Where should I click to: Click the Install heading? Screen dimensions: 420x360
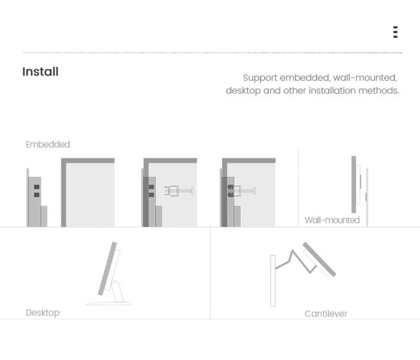pyautogui.click(x=40, y=72)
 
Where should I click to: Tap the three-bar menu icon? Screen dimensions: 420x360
pyautogui.click(x=395, y=32)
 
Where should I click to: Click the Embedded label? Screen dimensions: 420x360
pyautogui.click(x=48, y=144)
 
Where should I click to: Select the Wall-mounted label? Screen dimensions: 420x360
pyautogui.click(x=332, y=220)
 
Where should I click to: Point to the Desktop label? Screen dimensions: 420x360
pyautogui.click(x=43, y=313)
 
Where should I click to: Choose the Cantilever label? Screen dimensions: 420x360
pyautogui.click(x=326, y=313)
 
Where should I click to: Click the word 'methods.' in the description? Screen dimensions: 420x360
pyautogui.click(x=379, y=90)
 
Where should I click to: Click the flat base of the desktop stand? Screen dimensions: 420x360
pyautogui.click(x=109, y=303)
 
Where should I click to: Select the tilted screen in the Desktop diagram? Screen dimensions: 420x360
pyautogui.click(x=107, y=269)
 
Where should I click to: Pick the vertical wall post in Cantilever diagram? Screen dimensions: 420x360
pyautogui.click(x=273, y=281)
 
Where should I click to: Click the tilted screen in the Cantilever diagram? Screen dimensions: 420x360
pyautogui.click(x=319, y=259)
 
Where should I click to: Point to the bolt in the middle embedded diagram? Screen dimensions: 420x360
pyautogui.click(x=178, y=191)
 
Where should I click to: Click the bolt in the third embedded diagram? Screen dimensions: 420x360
pyautogui.click(x=241, y=191)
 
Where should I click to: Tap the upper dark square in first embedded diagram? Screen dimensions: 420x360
pyautogui.click(x=37, y=187)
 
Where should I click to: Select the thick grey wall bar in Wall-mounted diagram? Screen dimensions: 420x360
pyautogui.click(x=353, y=184)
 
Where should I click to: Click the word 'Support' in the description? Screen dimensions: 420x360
pyautogui.click(x=260, y=78)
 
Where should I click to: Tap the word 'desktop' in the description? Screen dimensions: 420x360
pyautogui.click(x=243, y=90)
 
